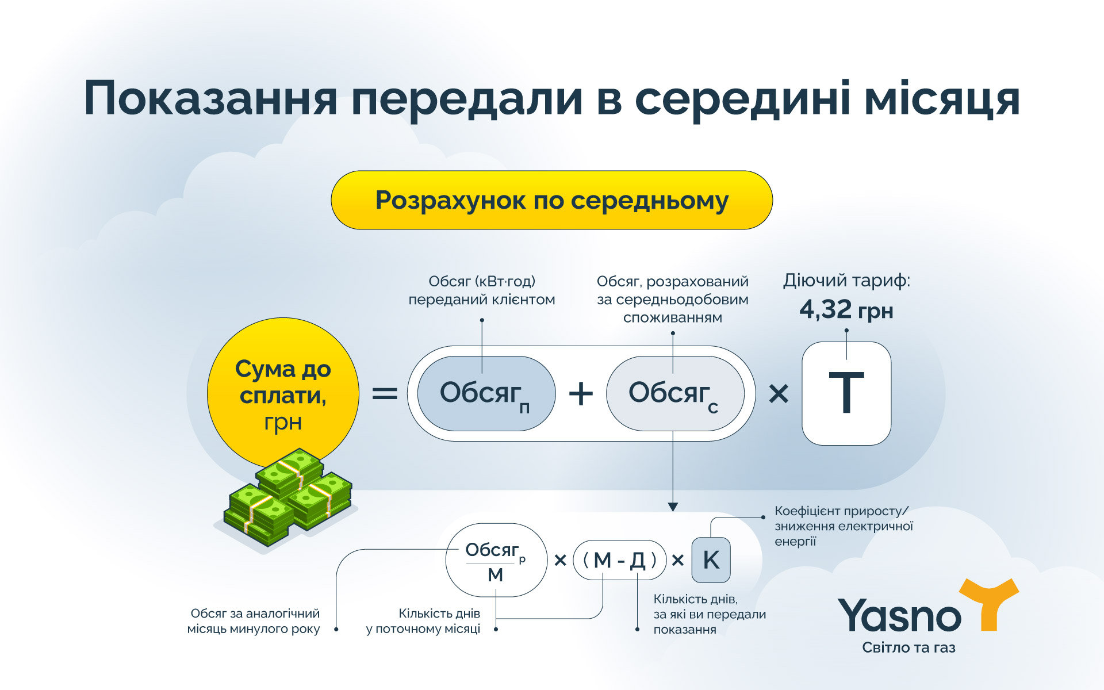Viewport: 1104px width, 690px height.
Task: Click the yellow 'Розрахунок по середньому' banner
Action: pos(551,200)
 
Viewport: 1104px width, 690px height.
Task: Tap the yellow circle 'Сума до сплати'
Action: pos(283,391)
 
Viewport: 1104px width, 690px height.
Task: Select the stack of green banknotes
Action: pos(287,497)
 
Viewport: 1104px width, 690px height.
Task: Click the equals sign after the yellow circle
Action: pos(385,394)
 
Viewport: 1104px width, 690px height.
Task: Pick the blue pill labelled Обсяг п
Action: pos(486,394)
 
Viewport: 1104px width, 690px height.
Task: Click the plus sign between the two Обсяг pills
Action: pos(581,394)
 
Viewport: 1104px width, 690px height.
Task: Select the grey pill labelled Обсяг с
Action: pos(674,394)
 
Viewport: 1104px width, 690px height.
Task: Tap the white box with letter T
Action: pos(846,394)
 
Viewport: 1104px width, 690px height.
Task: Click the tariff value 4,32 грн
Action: pos(846,310)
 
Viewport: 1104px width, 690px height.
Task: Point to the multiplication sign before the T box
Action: pos(779,394)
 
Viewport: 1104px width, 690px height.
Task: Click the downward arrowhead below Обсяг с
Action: pos(673,507)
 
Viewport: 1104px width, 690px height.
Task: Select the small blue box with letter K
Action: pos(711,559)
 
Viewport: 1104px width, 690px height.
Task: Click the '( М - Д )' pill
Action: pos(619,559)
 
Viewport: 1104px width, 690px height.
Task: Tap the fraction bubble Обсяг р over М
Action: pos(496,559)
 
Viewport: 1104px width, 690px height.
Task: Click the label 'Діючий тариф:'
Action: pos(846,281)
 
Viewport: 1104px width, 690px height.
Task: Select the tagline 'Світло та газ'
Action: pos(908,647)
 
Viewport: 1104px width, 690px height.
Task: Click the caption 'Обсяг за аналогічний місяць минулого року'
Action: pos(254,621)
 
